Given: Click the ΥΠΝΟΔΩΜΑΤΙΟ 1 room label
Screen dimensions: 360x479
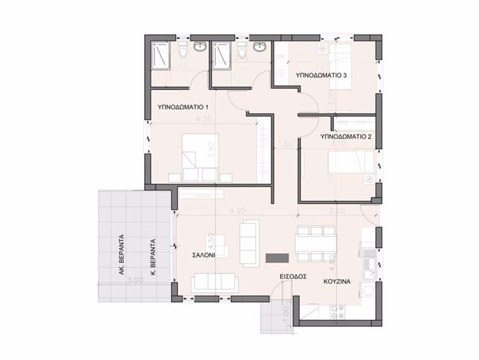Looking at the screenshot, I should pos(183,107).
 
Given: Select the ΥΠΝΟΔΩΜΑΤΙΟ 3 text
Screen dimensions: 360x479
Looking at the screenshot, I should pos(322,76).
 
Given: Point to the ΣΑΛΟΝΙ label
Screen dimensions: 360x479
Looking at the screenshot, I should pos(204,257).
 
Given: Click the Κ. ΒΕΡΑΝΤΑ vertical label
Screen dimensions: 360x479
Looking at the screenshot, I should pos(154,254).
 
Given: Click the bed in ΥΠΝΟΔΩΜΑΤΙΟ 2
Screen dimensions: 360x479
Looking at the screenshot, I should pos(349,163).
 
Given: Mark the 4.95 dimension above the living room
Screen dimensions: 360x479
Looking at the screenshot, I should pos(236,209).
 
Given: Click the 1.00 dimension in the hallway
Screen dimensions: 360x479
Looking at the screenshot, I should pos(286,145).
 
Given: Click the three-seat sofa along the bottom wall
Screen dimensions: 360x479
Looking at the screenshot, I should pos(213,281).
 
